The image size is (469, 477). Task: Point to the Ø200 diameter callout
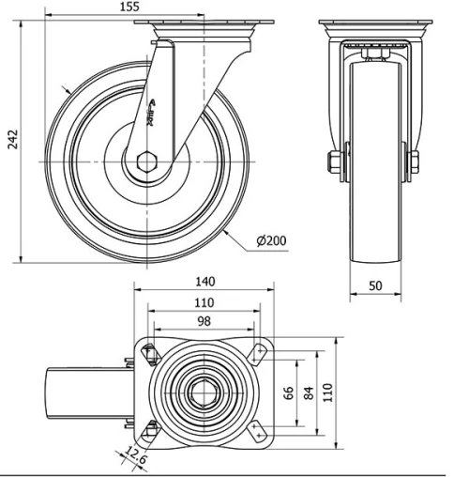pos(270,240)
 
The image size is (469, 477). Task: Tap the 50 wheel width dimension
pos(374,285)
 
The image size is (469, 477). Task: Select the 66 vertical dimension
pos(288,391)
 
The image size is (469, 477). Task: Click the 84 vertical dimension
pos(308,391)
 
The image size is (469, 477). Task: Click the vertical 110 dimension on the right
pos(328,391)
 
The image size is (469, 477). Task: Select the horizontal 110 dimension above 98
pos(203,302)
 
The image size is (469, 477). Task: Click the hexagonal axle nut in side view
pos(147,162)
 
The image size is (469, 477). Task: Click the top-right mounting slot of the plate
pos(259,352)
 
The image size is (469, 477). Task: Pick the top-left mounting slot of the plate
pos(148,351)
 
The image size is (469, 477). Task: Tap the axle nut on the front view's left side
pos(334,162)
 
